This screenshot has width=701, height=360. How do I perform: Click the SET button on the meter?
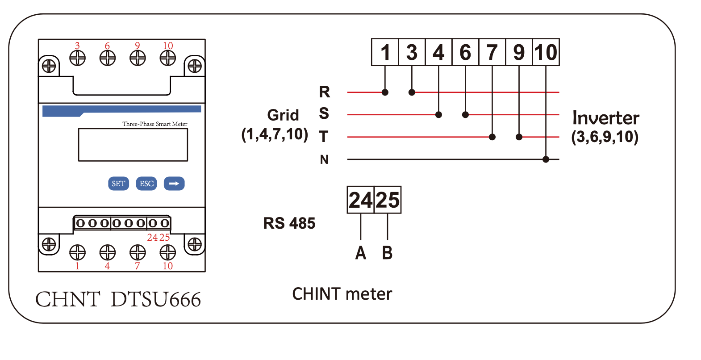pyautogui.click(x=118, y=184)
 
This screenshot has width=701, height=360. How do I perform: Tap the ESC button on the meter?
pyautogui.click(x=146, y=184)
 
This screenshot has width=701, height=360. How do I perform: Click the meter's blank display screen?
pyautogui.click(x=133, y=145)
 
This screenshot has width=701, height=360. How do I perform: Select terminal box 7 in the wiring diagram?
pyautogui.click(x=492, y=52)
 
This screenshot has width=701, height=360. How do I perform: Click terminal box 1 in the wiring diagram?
pyautogui.click(x=385, y=52)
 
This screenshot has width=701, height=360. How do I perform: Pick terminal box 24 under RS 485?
pyautogui.click(x=360, y=200)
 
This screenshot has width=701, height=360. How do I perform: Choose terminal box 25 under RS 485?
pyautogui.click(x=388, y=200)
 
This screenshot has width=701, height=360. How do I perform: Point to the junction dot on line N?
pyautogui.click(x=546, y=159)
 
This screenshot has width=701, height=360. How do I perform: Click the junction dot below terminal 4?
pyautogui.click(x=438, y=115)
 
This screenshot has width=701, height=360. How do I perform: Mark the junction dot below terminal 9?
pyautogui.click(x=519, y=137)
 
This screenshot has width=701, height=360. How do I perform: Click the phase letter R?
pyautogui.click(x=324, y=92)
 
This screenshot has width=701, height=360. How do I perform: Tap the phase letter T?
pyautogui.click(x=324, y=136)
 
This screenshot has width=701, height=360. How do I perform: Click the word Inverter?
pyautogui.click(x=605, y=118)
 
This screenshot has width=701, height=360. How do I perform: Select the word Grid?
pyautogui.click(x=283, y=115)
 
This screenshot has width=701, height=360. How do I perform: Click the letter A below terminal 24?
pyautogui.click(x=360, y=253)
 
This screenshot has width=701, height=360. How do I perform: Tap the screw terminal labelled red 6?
pyautogui.click(x=107, y=58)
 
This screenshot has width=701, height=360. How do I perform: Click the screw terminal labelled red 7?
pyautogui.click(x=138, y=252)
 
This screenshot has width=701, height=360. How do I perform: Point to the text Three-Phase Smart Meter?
pyautogui.click(x=154, y=124)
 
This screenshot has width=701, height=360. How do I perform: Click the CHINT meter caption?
pyautogui.click(x=342, y=294)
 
